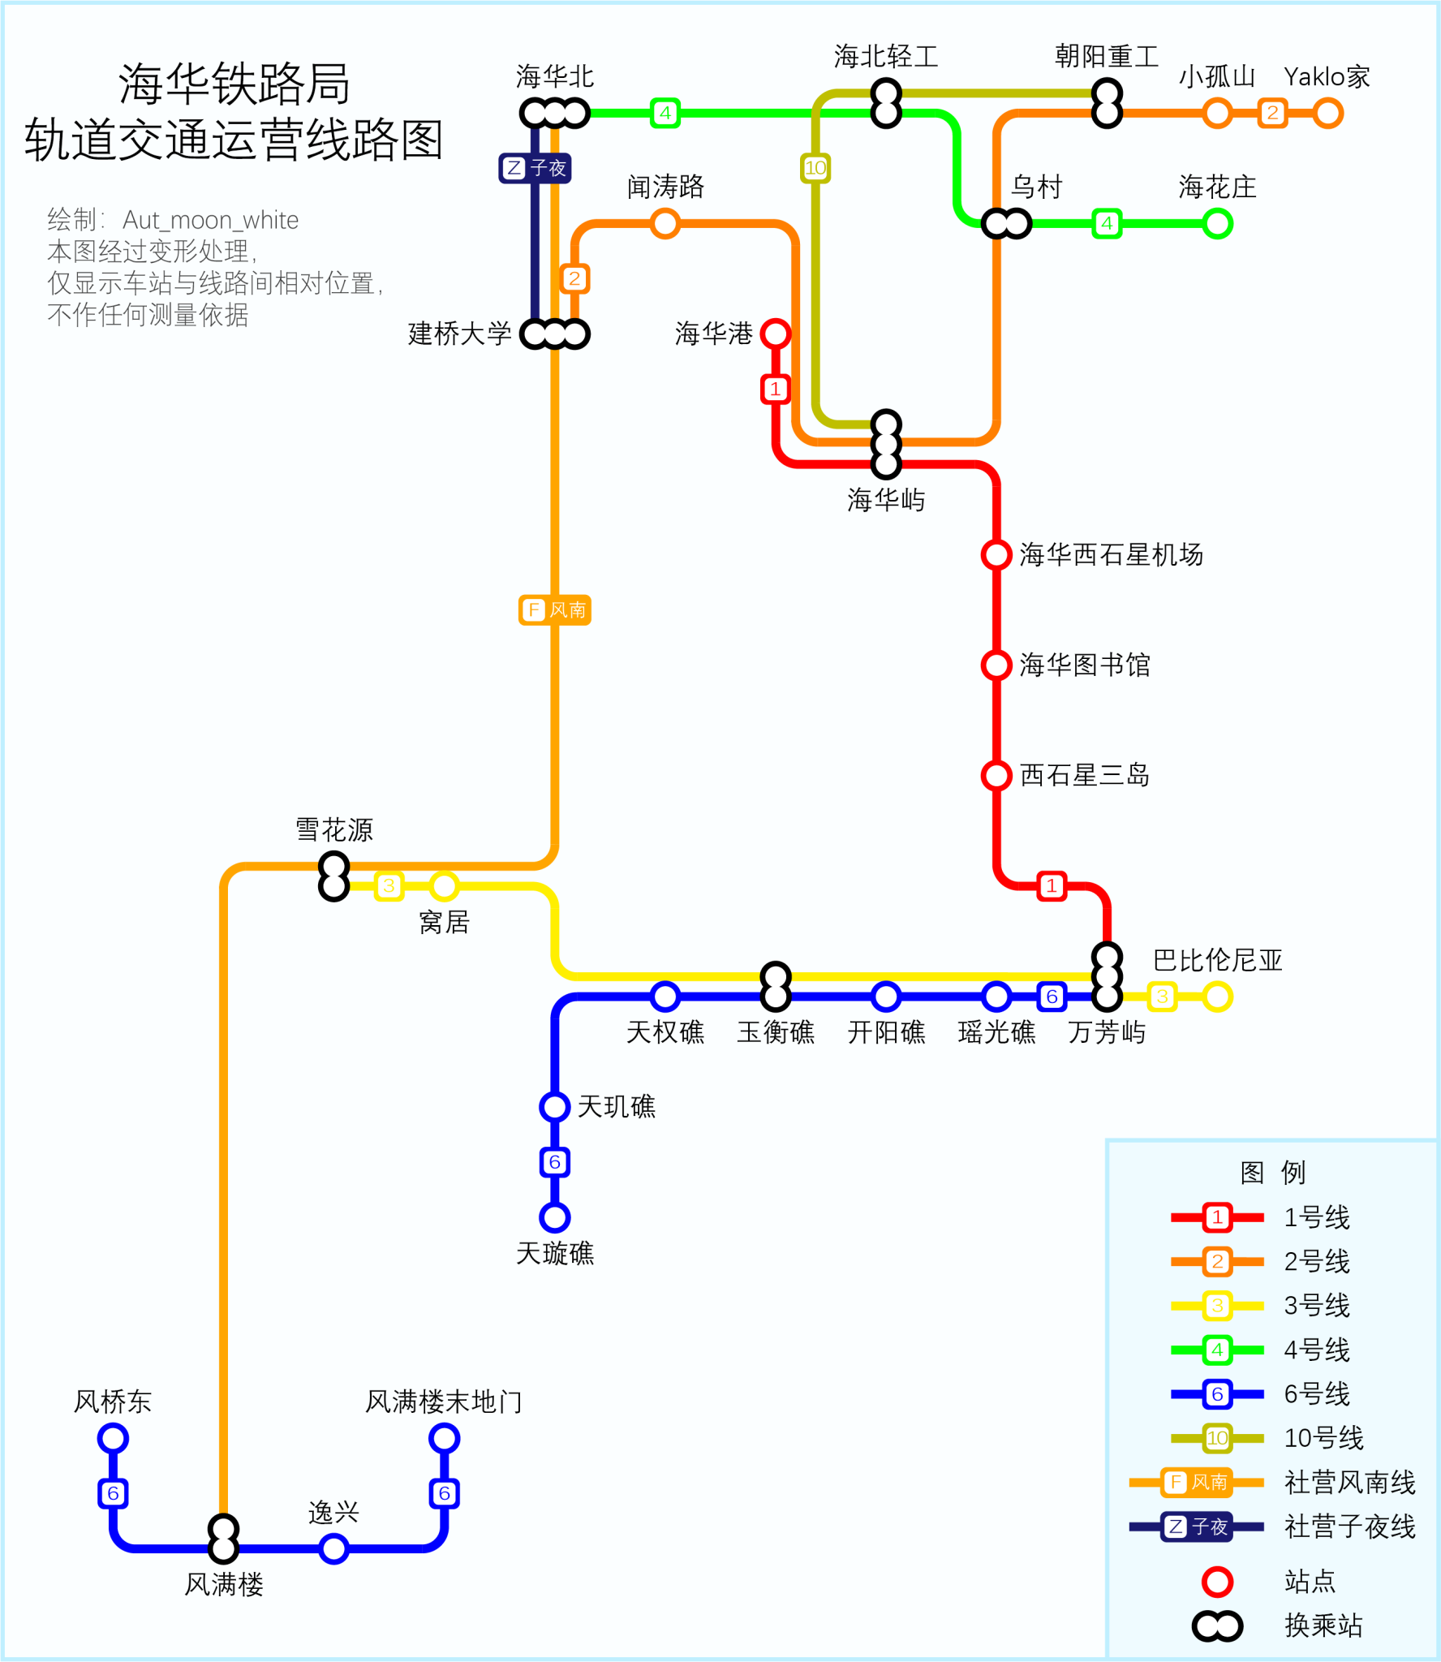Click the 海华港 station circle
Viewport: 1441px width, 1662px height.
coord(775,333)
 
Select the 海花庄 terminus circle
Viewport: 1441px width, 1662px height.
coord(1217,223)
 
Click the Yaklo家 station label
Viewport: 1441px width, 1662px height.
coord(1326,77)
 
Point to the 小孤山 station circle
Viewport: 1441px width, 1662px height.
coord(1217,113)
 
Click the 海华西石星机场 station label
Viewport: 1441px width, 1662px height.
coord(1111,555)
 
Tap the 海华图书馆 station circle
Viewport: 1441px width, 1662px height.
coord(996,665)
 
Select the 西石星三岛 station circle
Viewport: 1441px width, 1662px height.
coord(996,775)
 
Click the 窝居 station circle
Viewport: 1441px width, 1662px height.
coord(444,885)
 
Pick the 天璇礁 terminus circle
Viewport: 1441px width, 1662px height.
coord(554,1217)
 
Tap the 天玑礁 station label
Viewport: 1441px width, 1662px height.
coord(616,1107)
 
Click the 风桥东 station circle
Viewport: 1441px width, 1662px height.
coord(113,1439)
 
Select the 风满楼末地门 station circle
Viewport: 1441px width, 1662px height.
coord(444,1439)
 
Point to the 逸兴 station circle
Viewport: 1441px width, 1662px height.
coord(333,1548)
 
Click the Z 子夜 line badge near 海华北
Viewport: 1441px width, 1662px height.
coord(535,168)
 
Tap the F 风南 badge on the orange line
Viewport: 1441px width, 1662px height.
coord(555,609)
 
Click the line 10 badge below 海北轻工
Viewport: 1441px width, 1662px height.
coord(815,168)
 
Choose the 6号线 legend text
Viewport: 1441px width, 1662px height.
coord(1316,1394)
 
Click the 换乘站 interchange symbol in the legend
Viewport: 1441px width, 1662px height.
coord(1216,1625)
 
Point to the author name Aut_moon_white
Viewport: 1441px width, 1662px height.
coord(210,220)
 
